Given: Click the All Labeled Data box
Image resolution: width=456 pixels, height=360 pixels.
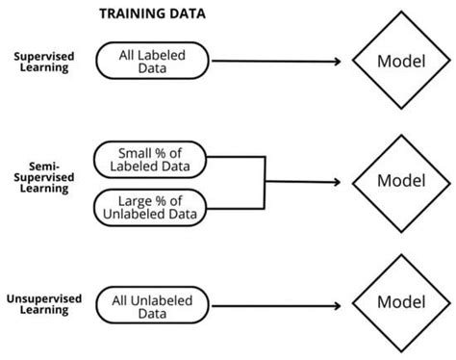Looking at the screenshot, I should tap(154, 62).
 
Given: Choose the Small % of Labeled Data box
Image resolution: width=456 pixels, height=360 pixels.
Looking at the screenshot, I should tap(153, 160).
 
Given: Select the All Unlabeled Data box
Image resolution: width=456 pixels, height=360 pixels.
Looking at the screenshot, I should tap(154, 307).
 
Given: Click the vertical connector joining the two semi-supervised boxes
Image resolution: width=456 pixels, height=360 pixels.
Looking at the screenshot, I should tap(264, 182).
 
